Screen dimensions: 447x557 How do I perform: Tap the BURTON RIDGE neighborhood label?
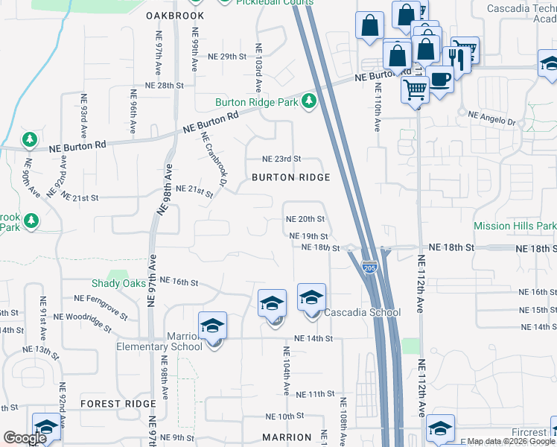[290, 177]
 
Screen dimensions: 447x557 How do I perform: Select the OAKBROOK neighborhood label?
[175, 15]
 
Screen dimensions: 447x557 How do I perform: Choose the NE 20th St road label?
[306, 219]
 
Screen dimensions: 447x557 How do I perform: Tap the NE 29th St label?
[226, 57]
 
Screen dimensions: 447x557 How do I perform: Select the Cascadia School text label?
[363, 312]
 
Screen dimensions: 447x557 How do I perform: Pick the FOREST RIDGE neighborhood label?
[118, 404]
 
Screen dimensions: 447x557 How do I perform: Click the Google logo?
[25, 438]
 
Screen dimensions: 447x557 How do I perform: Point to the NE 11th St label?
[316, 393]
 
